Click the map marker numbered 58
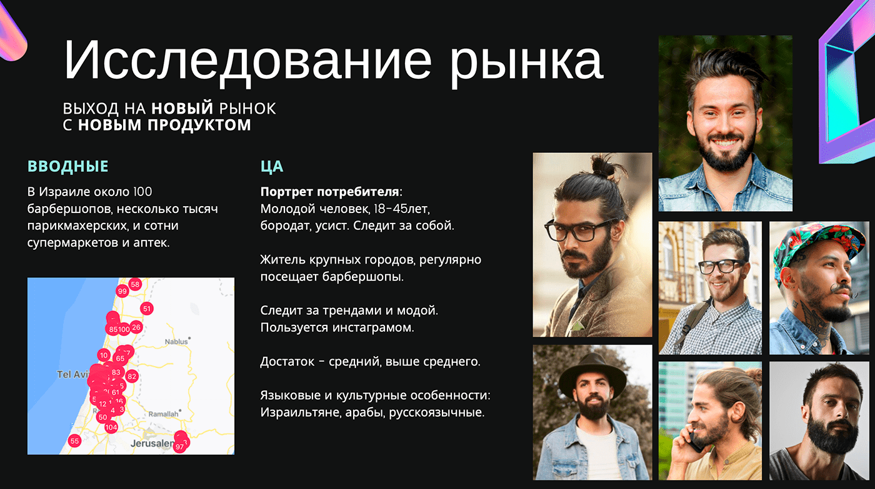[135, 284]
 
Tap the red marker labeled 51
[146, 309]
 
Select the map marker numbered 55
[74, 441]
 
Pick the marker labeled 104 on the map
[111, 427]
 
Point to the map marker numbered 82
[132, 376]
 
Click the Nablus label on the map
[176, 342]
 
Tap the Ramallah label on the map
[163, 413]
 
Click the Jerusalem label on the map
[152, 443]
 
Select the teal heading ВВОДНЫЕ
[67, 167]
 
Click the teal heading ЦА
[272, 167]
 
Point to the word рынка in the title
[526, 62]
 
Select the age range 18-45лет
[401, 209]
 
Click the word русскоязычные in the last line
[436, 412]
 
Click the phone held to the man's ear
[695, 440]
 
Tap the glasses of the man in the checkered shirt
[721, 266]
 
